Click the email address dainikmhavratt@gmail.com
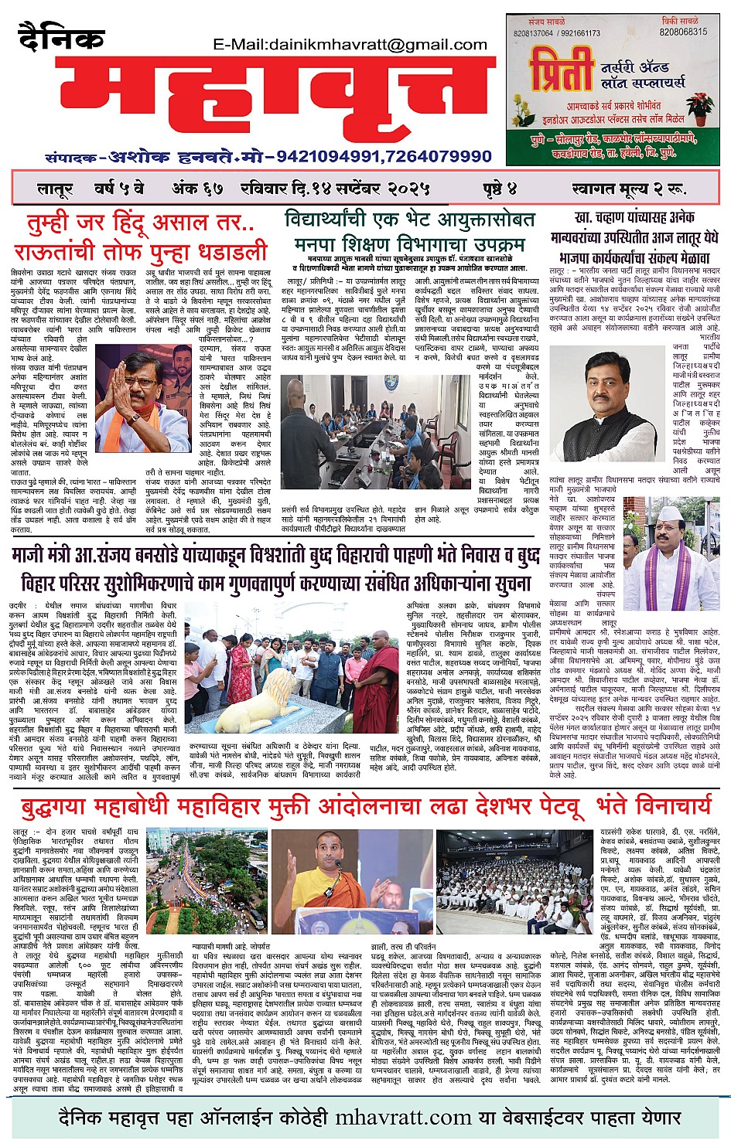point(350,45)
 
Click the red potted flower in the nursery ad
point(700,107)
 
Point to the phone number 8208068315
point(682,32)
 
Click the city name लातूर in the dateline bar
point(55,189)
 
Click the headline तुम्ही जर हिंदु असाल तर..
point(140,223)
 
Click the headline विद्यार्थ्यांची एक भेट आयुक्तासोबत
point(409,219)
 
